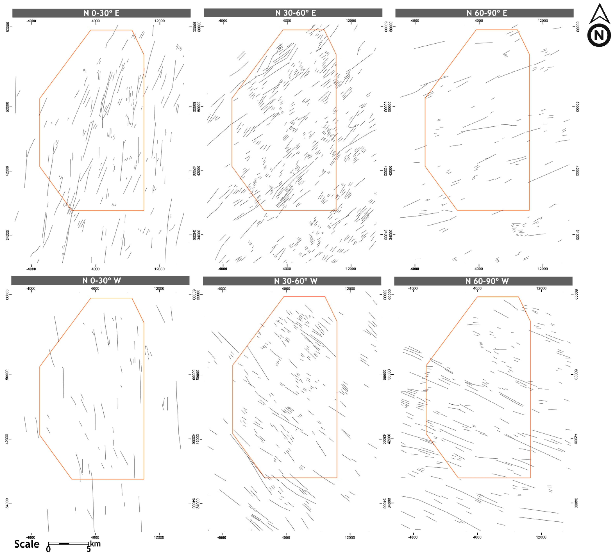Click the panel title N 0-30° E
[x=101, y=13]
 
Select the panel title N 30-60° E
[x=295, y=13]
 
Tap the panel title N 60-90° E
[x=487, y=13]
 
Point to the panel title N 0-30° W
[x=101, y=280]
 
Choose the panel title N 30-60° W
[x=295, y=281]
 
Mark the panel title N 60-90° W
[x=487, y=281]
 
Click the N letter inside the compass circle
[x=599, y=36]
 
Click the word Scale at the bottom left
[x=27, y=544]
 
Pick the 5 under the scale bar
[x=89, y=549]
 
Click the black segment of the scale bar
[x=64, y=543]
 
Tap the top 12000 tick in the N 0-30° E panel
[x=160, y=21]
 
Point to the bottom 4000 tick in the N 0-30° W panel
[x=95, y=537]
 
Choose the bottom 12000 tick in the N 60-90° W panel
[x=541, y=537]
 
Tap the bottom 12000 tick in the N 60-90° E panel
[x=543, y=269]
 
